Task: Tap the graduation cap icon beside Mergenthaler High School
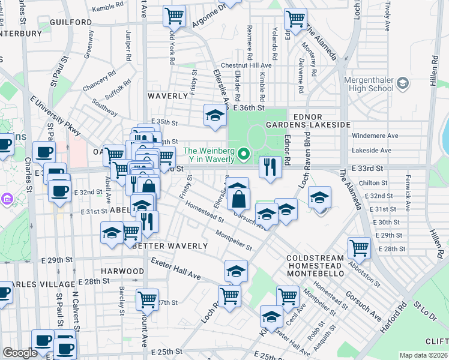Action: point(402,82)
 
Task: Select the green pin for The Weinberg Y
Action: point(243,155)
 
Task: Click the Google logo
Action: point(20,353)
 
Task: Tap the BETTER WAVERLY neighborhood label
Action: point(170,246)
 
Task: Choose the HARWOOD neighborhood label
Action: point(122,271)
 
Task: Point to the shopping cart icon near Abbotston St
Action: point(359,247)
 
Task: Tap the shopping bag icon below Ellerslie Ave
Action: point(238,197)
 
